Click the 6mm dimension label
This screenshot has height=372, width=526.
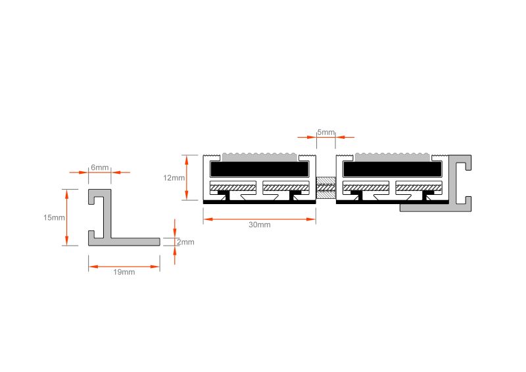100,167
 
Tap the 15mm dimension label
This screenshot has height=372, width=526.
54,217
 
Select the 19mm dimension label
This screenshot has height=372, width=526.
124,272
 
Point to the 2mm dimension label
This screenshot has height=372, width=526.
186,242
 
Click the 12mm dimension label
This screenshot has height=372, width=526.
174,178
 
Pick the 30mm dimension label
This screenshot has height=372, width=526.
259,225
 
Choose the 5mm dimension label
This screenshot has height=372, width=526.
326,132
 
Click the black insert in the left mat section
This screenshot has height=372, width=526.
259,169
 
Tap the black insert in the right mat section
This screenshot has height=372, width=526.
392,169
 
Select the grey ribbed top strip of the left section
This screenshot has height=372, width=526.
260,157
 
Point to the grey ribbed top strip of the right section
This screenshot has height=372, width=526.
393,157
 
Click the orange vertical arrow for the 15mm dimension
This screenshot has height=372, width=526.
67,217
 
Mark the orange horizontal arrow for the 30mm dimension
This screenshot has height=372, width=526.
259,219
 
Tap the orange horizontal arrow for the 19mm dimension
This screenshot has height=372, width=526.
124,267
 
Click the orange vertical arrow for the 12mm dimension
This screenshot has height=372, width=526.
187,177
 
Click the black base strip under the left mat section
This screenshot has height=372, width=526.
259,202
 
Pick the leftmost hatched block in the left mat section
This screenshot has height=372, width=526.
233,188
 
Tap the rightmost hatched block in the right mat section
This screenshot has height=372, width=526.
419,188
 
